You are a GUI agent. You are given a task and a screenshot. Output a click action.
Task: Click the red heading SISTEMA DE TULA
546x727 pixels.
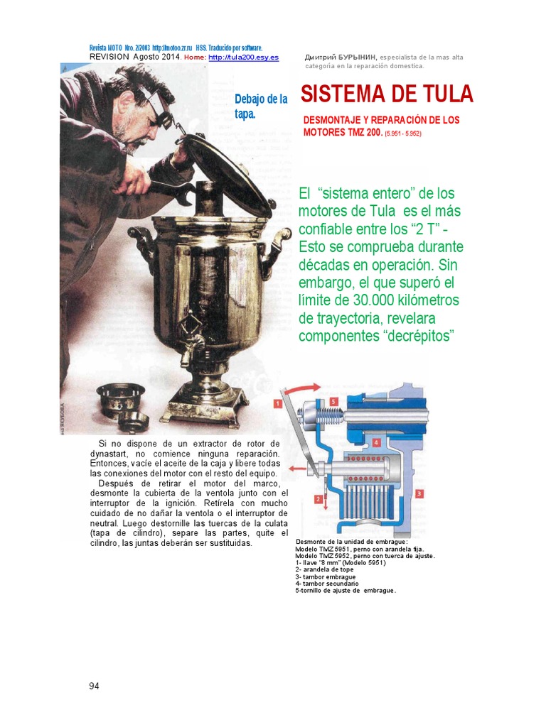[387, 94]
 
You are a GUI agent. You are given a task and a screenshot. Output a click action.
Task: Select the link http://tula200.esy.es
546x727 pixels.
[243, 57]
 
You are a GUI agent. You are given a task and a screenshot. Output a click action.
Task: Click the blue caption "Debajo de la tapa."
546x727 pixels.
[260, 106]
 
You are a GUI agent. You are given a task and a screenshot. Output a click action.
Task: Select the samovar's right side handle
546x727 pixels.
[278, 244]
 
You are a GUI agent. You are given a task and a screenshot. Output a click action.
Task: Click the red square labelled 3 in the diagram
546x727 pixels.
[419, 493]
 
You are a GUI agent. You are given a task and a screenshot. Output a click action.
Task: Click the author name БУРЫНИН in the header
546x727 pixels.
[356, 57]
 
